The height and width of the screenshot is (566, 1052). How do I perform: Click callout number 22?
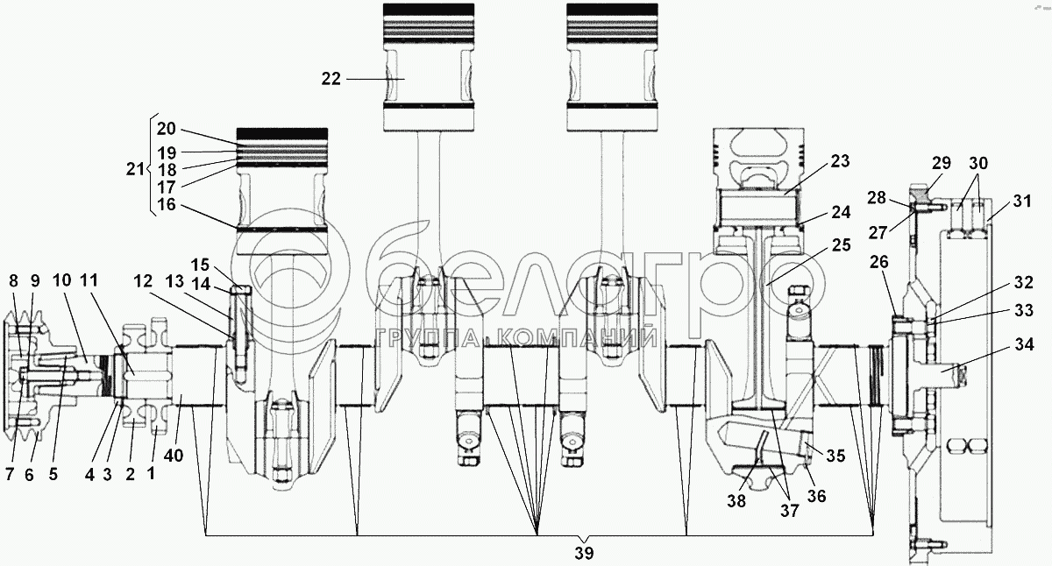[x=331, y=79]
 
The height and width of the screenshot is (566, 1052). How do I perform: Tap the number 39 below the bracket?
[x=584, y=554]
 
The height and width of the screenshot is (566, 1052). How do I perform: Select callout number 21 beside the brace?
[x=135, y=168]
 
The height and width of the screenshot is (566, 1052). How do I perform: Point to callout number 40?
[x=174, y=456]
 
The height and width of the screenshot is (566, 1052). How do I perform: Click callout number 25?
[x=841, y=244]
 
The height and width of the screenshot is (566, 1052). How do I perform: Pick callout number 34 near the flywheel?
[x=1024, y=344]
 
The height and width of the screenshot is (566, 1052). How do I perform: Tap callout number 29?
[x=942, y=162]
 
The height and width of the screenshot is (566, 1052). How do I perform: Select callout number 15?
[x=200, y=265]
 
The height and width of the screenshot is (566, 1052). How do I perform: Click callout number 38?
[x=736, y=501]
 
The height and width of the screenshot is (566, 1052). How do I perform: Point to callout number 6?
[x=29, y=475]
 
